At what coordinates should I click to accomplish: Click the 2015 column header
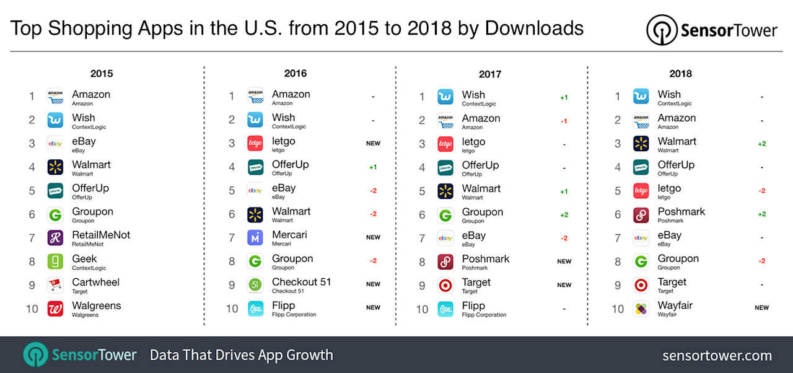coord(102,73)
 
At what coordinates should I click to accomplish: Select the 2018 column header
coord(681,74)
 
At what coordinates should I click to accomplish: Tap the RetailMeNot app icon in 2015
coord(55,238)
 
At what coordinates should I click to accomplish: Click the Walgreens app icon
coord(55,309)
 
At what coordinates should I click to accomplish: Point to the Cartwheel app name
coord(95,282)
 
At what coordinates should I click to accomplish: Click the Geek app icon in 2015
coord(55,261)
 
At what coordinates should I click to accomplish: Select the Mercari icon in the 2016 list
coord(255,238)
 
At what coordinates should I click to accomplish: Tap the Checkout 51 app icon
coord(255,285)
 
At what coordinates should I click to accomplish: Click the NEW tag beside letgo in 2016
coord(373,144)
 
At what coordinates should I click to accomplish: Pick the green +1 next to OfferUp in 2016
coord(373,167)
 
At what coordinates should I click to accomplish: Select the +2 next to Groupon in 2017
coord(564,215)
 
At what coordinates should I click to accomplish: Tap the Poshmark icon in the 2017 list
coord(445,261)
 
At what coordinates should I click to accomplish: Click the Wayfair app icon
coord(641,309)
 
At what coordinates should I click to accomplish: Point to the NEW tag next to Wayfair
coord(761,308)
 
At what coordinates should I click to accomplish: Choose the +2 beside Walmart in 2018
coord(761,144)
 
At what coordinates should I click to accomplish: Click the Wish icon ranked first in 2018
coord(641,97)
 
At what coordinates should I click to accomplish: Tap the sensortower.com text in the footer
coord(717,356)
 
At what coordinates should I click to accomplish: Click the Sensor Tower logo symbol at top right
coord(661,30)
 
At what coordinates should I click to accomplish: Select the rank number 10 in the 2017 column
coord(422,309)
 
